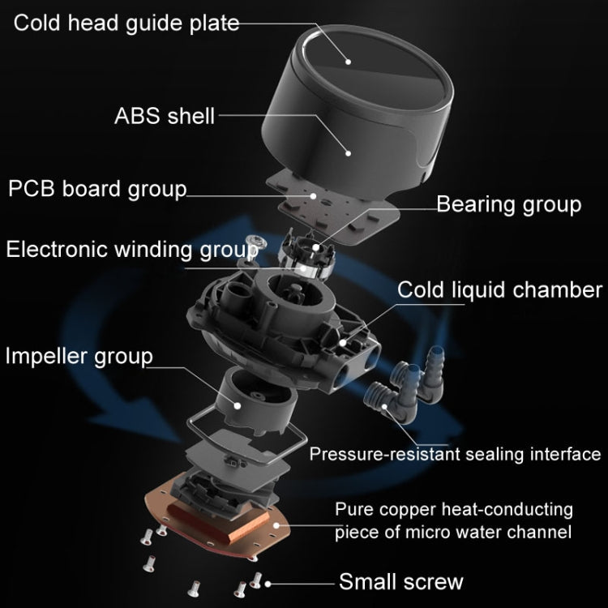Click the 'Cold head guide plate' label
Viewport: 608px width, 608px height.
pyautogui.click(x=127, y=22)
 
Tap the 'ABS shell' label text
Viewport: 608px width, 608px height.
pyautogui.click(x=165, y=115)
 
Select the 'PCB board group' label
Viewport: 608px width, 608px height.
pyautogui.click(x=97, y=189)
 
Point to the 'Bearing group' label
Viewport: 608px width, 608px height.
pyautogui.click(x=508, y=203)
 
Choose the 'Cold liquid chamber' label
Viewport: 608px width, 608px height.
pyautogui.click(x=499, y=289)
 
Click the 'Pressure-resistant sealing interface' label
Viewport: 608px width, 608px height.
pyautogui.click(x=455, y=454)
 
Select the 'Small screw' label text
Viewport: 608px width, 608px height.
pyautogui.click(x=400, y=581)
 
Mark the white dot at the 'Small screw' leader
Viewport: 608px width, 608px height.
pyautogui.click(x=268, y=582)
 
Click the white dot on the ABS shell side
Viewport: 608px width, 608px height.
pyautogui.click(x=349, y=151)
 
